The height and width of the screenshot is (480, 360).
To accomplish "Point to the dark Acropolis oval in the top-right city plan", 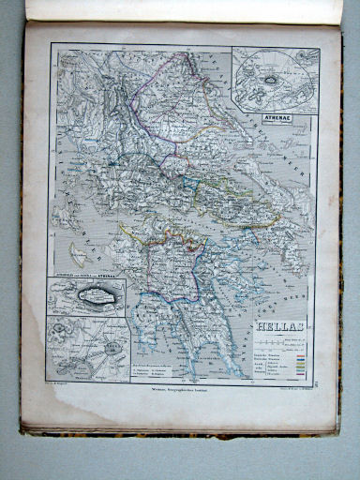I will click(x=272, y=81).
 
